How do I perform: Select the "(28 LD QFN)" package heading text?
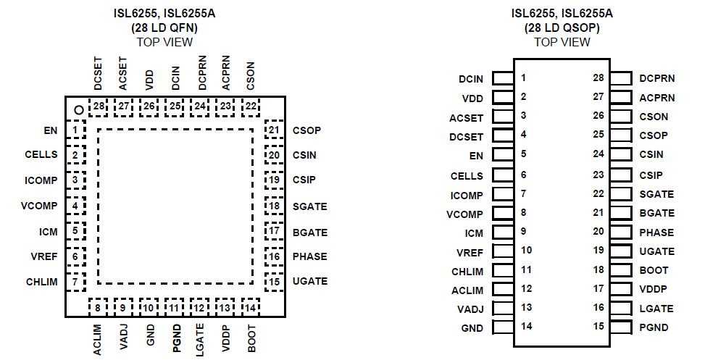164,28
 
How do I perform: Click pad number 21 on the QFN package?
274,130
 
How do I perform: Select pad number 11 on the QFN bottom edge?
174,307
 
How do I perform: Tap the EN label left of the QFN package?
50,131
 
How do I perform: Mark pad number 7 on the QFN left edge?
75,281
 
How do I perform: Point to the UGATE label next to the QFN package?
309,281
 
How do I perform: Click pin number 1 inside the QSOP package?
522,78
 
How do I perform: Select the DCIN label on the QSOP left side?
471,78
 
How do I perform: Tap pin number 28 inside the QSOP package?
598,78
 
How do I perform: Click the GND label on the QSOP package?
472,327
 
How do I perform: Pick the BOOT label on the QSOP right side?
654,270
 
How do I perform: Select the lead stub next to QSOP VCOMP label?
503,214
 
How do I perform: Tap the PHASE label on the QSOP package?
656,233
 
